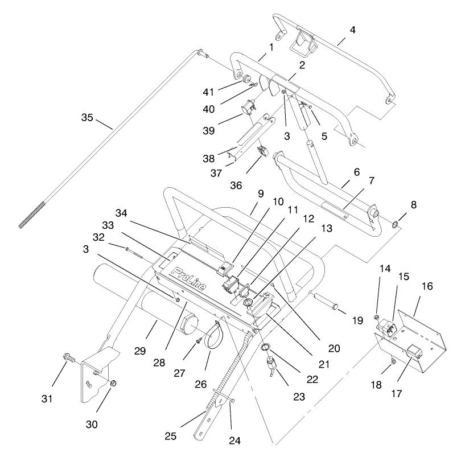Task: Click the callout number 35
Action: [x=87, y=118]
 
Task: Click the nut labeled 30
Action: [x=113, y=381]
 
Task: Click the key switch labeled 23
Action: [x=271, y=364]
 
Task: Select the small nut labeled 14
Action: [x=376, y=316]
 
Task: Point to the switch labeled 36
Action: [x=262, y=151]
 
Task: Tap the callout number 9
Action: [x=261, y=194]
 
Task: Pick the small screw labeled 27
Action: [x=197, y=340]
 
